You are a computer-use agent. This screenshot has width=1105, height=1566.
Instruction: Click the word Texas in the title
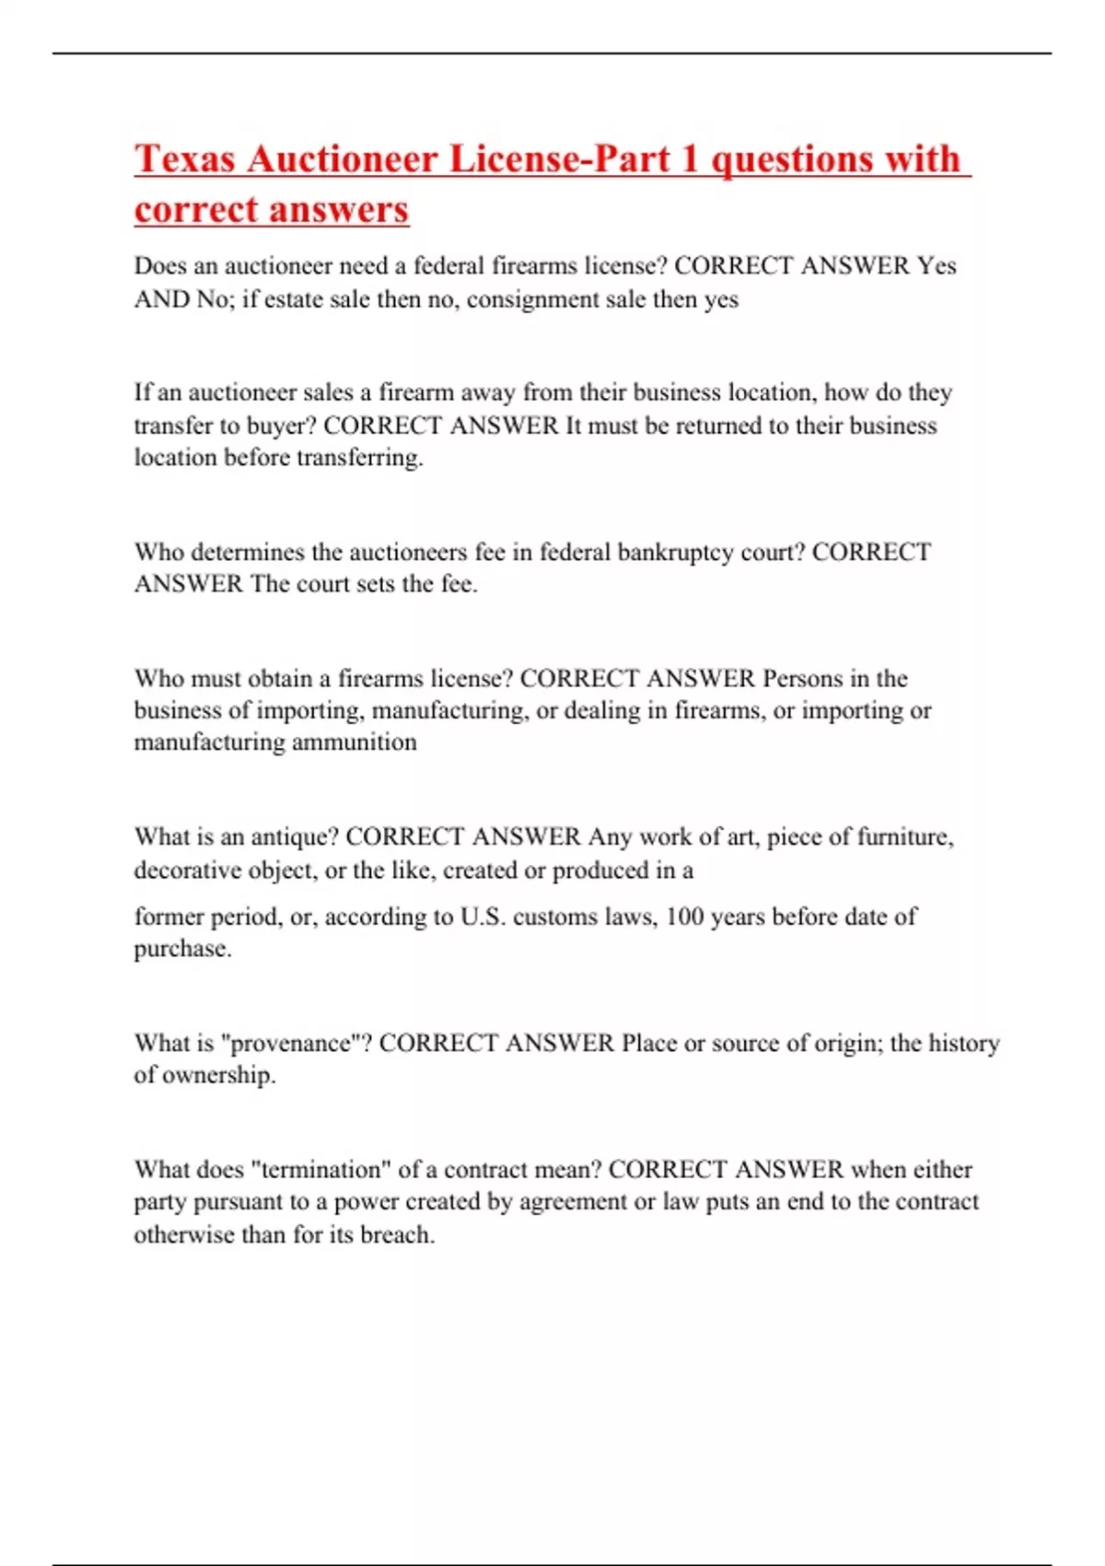184,158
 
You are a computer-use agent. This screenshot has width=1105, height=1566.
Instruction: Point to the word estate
295,299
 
